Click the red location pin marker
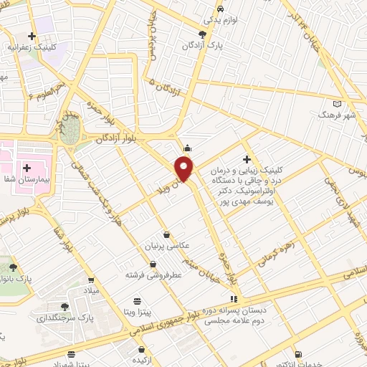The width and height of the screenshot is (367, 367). tap(185, 168)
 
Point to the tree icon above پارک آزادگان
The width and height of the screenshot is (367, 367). tap(204, 34)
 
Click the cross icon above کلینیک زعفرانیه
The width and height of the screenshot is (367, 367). tap(32, 35)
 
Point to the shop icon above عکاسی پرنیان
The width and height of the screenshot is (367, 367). tap(167, 234)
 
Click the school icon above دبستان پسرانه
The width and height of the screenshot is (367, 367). tap(232, 298)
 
